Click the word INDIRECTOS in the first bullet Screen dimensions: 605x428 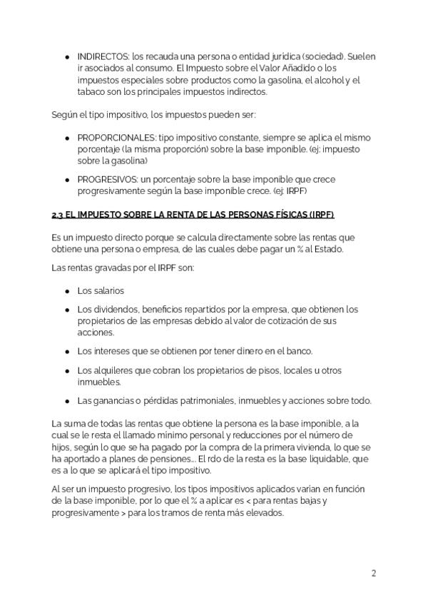tap(102, 56)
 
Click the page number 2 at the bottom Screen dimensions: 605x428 tap(373, 573)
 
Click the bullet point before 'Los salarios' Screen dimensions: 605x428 tap(67, 291)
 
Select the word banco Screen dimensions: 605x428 tap(297, 351)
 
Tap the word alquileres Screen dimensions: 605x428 tap(116, 370)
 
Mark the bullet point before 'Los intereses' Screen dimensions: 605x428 tap(67, 351)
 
